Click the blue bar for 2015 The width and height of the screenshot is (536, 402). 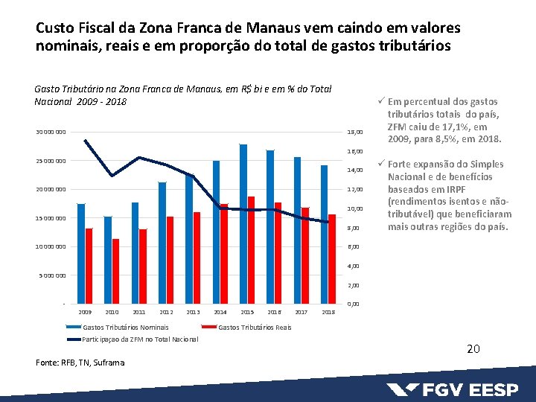pyautogui.click(x=243, y=223)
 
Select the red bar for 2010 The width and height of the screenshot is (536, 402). pyautogui.click(x=115, y=271)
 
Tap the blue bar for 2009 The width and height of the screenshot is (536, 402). pyautogui.click(x=81, y=253)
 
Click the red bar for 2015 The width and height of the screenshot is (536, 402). pyautogui.click(x=251, y=249)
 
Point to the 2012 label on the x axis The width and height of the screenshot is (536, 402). pyautogui.click(x=166, y=312)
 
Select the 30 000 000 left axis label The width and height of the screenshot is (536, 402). pyautogui.click(x=51, y=133)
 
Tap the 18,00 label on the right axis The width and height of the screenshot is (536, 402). pyautogui.click(x=354, y=133)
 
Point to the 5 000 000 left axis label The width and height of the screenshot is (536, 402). pyautogui.click(x=52, y=275)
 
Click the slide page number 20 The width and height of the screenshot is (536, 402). pyautogui.click(x=473, y=349)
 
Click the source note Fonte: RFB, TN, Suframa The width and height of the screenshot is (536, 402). pyautogui.click(x=80, y=363)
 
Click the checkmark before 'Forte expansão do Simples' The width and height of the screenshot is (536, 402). pyautogui.click(x=380, y=164)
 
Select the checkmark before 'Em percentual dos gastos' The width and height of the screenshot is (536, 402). pyautogui.click(x=380, y=102)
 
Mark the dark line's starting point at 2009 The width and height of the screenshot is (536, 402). pyautogui.click(x=85, y=141)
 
